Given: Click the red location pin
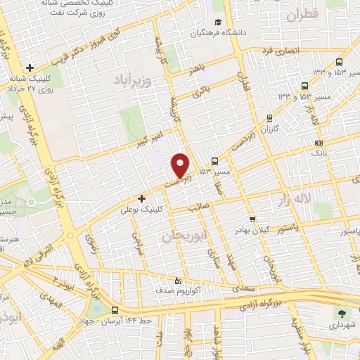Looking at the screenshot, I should pos(181,165).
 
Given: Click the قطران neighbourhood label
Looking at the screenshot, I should pos(302,13).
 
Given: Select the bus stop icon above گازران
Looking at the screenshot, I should pos(268,118).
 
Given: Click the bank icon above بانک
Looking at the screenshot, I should pos(319,143).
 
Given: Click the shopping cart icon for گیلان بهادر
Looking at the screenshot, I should pos(252,219).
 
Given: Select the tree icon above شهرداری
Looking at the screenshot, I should pos(342,314).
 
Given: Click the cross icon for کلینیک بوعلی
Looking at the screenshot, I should pos(142,198).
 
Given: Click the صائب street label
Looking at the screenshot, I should pos(198,208).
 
